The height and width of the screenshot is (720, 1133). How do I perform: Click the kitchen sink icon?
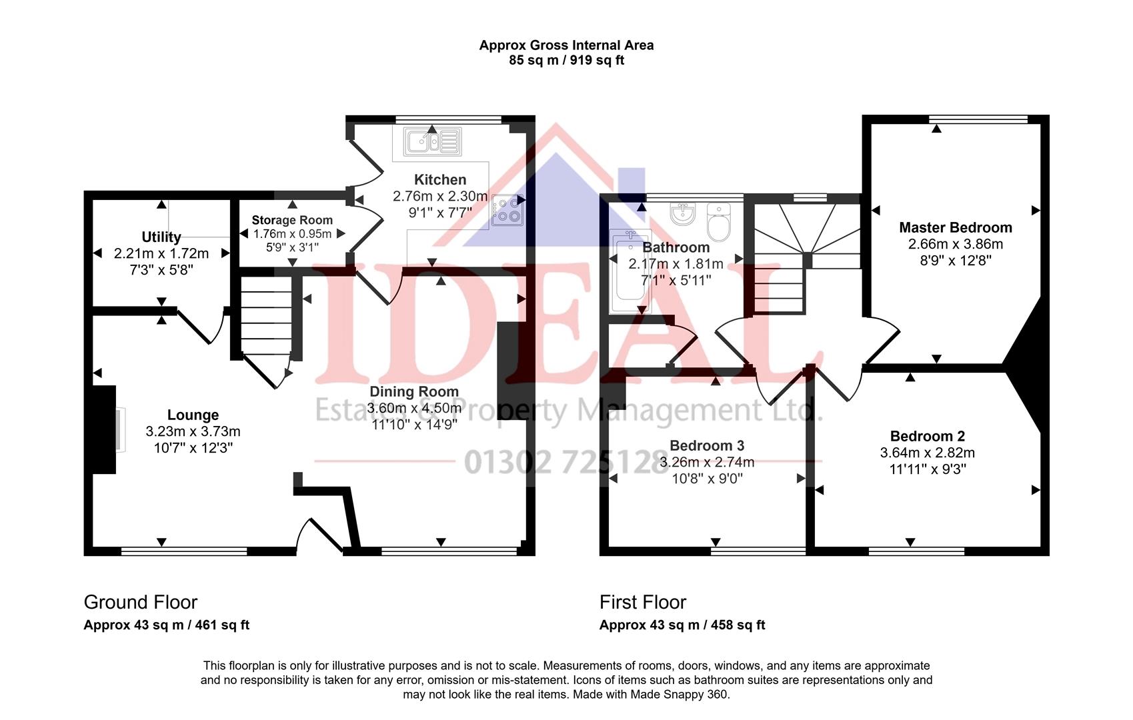point(433,141)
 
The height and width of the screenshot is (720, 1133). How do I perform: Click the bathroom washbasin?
point(683,214)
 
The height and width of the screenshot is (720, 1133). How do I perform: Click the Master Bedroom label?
point(955,228)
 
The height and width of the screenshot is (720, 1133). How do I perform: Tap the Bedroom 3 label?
point(707,445)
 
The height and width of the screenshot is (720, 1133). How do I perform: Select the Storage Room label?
point(292,220)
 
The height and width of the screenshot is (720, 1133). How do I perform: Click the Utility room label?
point(161,237)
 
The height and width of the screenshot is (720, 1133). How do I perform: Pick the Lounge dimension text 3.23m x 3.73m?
point(193,431)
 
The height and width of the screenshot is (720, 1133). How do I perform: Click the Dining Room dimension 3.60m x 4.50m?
point(414,408)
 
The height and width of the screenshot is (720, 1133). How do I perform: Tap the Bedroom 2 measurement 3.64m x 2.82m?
point(927,453)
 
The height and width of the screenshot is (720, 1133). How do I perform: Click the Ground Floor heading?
point(141,602)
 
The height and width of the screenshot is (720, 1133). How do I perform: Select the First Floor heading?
point(642,602)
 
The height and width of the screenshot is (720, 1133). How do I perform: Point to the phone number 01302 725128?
point(566,461)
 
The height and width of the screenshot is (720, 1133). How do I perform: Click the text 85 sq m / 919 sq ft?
point(566,61)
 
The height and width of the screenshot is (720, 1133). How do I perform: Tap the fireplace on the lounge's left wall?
point(105,429)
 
